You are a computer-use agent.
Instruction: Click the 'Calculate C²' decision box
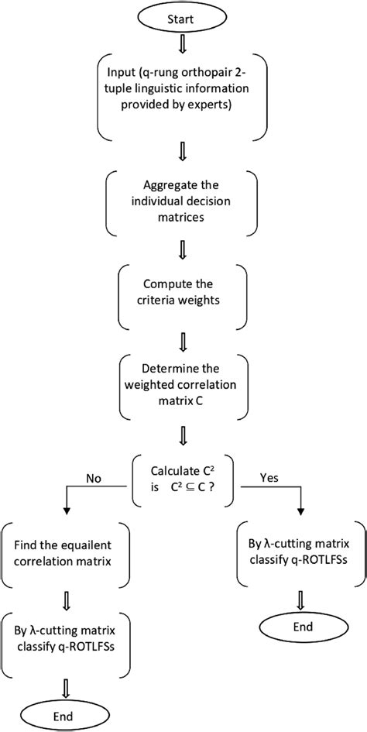tap(183, 478)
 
